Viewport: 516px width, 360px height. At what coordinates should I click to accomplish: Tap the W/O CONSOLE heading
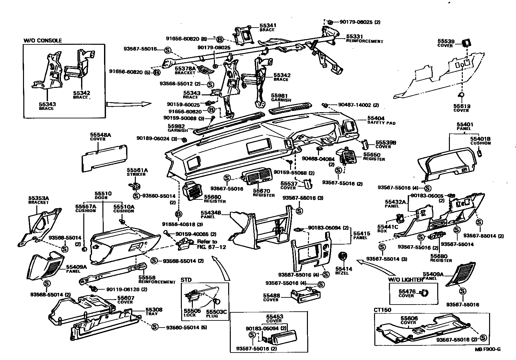click(42, 41)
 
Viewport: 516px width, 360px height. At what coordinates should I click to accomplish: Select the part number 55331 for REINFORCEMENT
click(355, 37)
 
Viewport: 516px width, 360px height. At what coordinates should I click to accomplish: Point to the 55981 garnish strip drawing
click(290, 107)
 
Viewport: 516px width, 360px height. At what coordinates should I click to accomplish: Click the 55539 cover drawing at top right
click(466, 42)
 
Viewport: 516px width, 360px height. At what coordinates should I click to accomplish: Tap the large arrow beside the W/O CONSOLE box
click(128, 104)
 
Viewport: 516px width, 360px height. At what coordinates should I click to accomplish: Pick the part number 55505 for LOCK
click(190, 310)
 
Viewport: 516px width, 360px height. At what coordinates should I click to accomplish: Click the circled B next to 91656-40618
click(179, 214)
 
